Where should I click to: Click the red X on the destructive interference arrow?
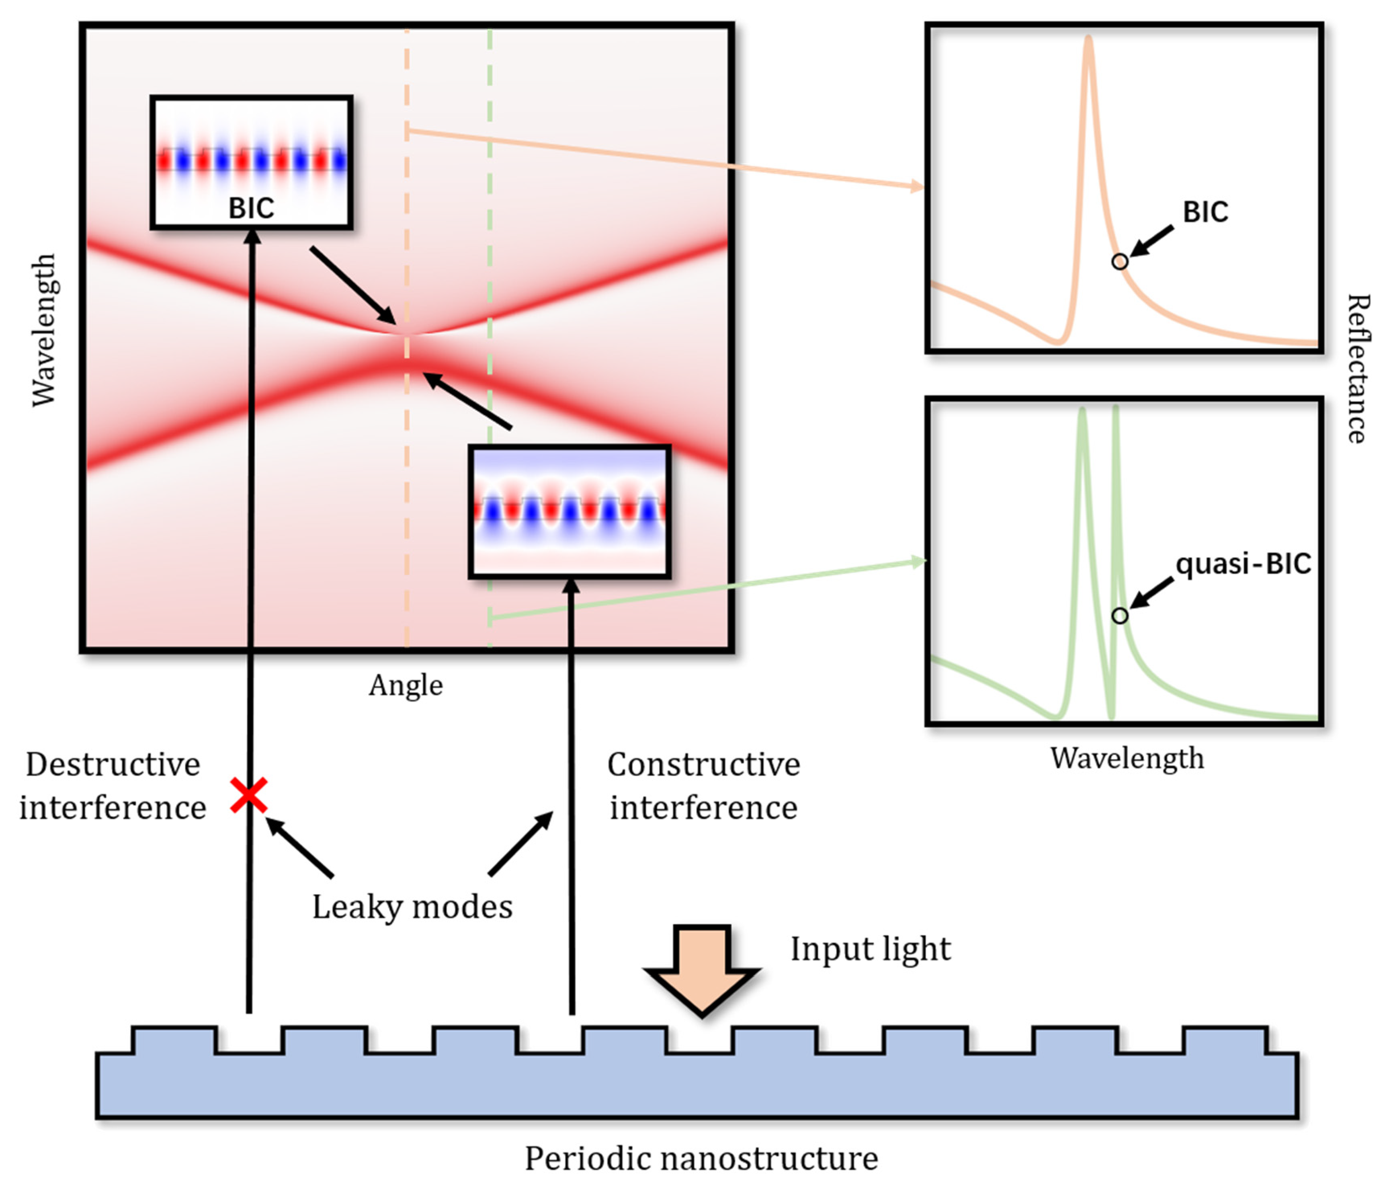coord(249,795)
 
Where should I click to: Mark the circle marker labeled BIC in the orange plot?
coord(1119,261)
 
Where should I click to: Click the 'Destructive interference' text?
coord(113,786)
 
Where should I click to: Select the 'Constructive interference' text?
coord(703,786)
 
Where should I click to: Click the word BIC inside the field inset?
coord(251,208)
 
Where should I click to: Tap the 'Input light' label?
coord(870,949)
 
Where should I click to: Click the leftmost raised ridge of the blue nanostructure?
coord(174,1040)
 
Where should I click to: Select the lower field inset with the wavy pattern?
coord(570,511)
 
